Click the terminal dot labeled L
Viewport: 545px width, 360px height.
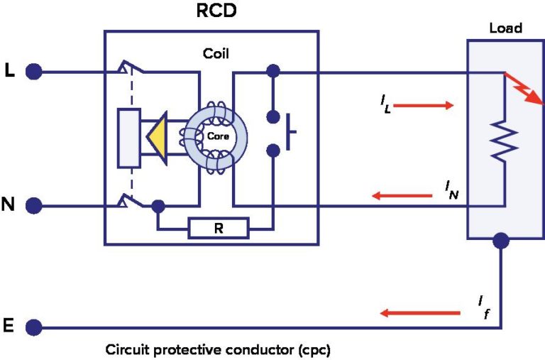[33, 71]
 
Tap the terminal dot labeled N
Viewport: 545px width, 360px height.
[33, 206]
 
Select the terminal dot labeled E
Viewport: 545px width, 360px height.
[33, 327]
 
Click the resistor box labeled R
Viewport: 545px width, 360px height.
[219, 229]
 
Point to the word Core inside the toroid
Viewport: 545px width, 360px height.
[218, 136]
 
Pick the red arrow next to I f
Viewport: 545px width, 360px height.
[419, 312]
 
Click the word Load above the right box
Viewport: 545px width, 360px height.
[505, 28]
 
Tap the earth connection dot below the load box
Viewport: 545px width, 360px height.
[502, 241]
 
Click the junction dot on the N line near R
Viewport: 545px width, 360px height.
[158, 207]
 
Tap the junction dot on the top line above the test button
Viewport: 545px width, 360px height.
[273, 72]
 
